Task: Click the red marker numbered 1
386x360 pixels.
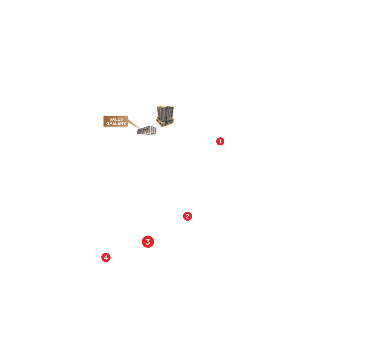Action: coord(220,141)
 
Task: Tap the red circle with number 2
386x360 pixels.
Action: coord(187,216)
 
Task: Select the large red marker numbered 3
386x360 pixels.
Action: coord(148,242)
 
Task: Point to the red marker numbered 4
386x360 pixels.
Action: coord(106,258)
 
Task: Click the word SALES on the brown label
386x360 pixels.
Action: coord(116,119)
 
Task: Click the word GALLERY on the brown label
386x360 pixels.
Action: coord(116,124)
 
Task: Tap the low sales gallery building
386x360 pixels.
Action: coord(146,130)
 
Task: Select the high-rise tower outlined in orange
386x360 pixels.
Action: coord(165,115)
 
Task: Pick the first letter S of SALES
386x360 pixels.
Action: coord(111,119)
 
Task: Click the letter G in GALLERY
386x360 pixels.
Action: coord(108,124)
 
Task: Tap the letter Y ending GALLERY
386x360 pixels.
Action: coord(125,124)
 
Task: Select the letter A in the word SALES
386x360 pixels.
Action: coord(113,119)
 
